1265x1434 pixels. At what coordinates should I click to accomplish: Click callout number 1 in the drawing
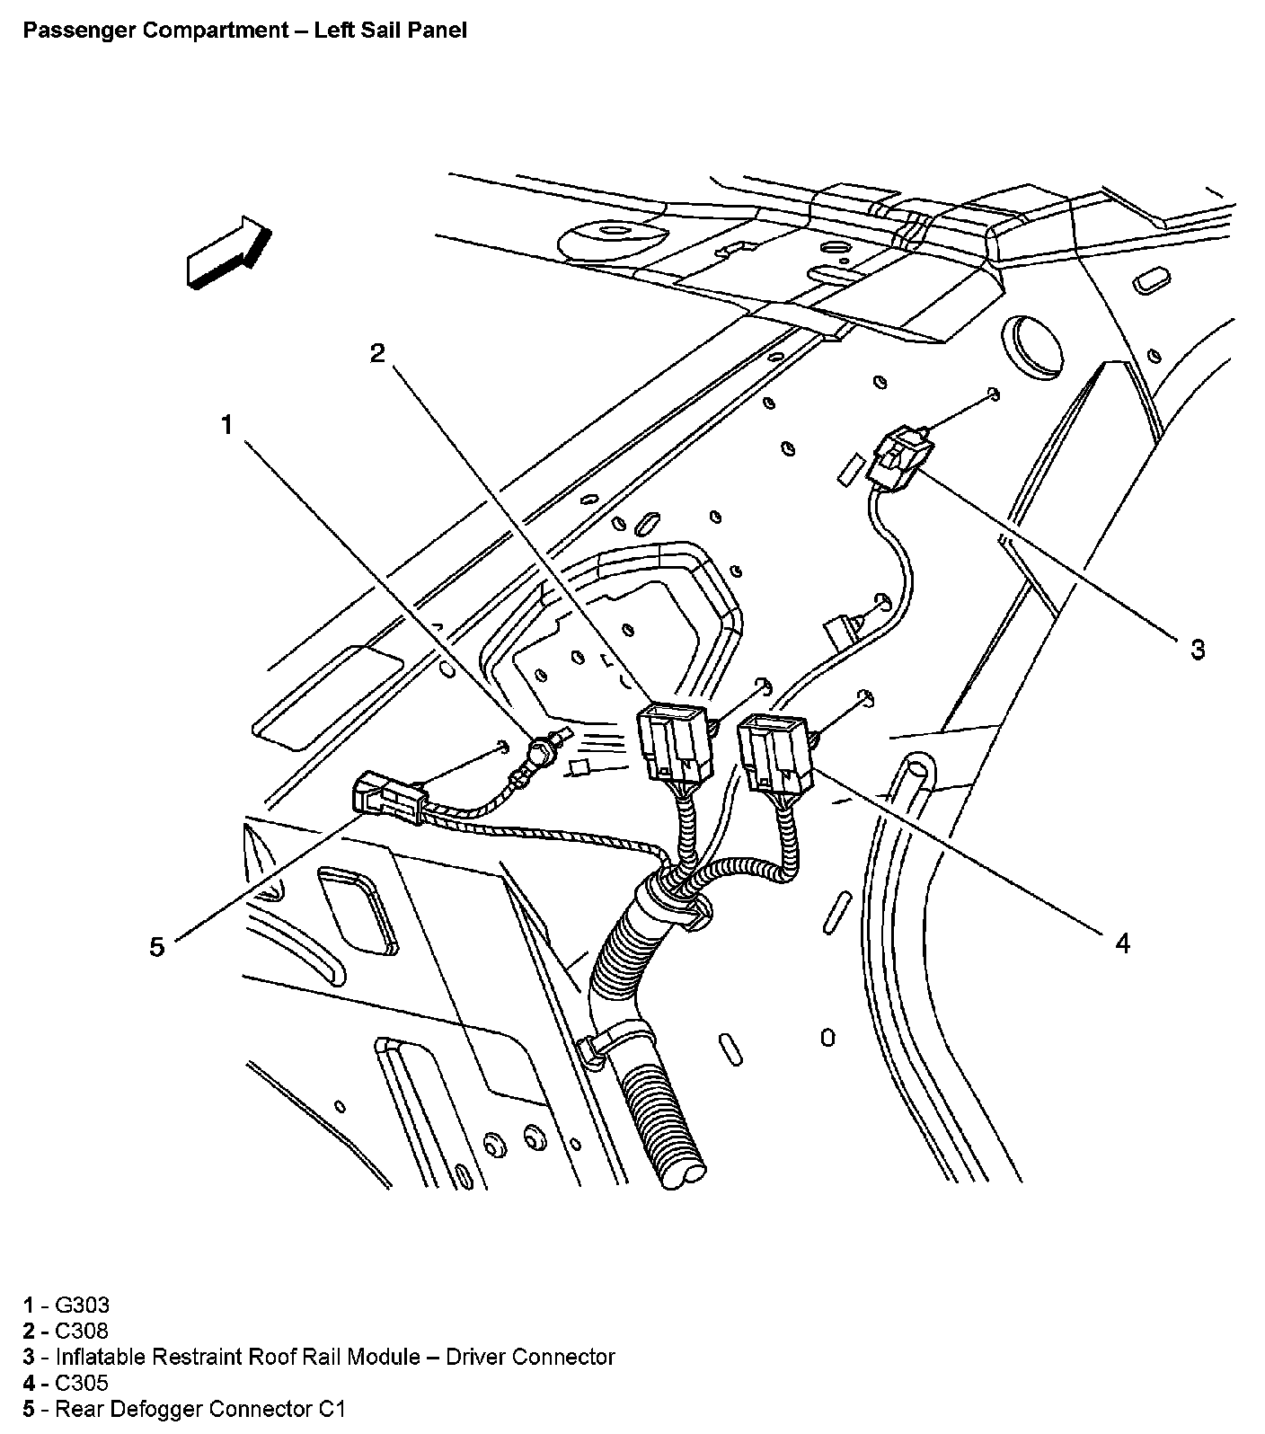[227, 425]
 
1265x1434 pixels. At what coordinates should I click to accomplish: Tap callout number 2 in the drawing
[378, 353]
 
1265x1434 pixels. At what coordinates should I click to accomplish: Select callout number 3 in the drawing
[1197, 648]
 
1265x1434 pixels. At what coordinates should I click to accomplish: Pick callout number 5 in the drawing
[157, 946]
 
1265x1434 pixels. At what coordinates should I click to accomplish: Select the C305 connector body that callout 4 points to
[774, 751]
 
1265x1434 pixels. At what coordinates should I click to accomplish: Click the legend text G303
[83, 1305]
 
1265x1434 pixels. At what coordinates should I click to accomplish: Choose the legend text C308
[82, 1331]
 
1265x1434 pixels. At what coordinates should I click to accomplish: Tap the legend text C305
[82, 1383]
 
